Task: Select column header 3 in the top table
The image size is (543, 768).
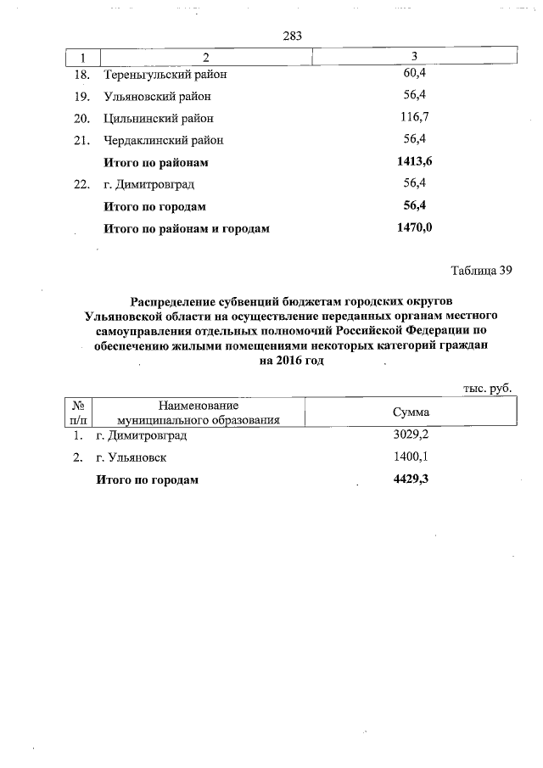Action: pos(413,56)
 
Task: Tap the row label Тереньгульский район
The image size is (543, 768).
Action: pos(167,75)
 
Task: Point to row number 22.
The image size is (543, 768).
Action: pos(82,184)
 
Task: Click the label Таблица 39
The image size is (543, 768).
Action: pos(481,272)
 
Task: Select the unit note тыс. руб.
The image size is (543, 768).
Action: pos(487,387)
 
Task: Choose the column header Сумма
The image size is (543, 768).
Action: pos(411,412)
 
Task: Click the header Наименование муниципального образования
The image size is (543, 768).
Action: pos(197,412)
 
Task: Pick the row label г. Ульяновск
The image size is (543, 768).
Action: pos(131,457)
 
